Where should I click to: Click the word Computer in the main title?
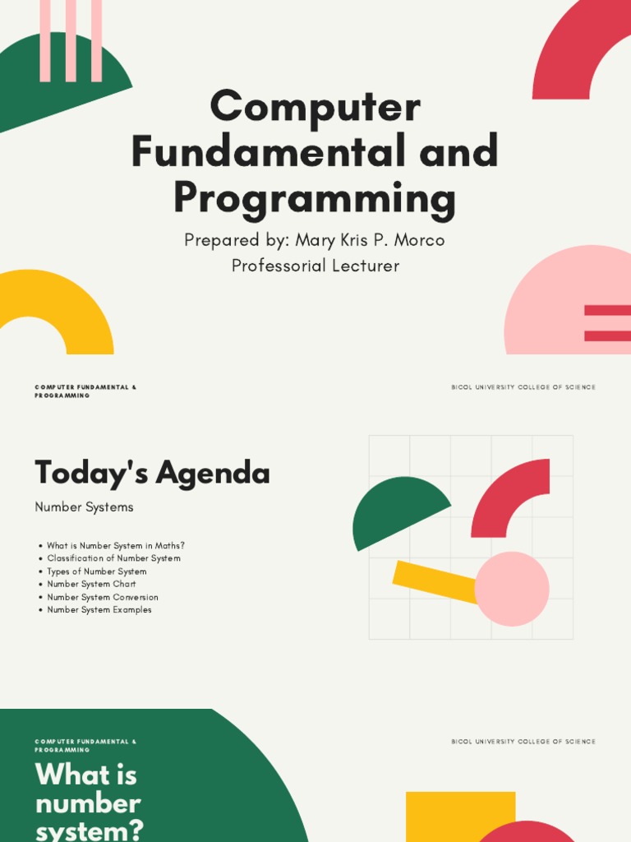(315, 108)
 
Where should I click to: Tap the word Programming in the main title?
(315, 198)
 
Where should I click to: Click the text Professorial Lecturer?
(315, 266)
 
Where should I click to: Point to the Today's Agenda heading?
(152, 474)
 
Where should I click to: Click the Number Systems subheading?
(84, 507)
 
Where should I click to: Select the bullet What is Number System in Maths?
(116, 545)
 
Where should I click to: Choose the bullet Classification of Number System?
(113, 558)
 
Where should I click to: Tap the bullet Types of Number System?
(97, 571)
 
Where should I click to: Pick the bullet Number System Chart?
(91, 584)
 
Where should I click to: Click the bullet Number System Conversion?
(103, 597)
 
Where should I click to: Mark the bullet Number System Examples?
(99, 610)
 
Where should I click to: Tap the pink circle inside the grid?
(512, 589)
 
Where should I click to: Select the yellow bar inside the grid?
(431, 579)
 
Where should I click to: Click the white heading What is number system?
(88, 803)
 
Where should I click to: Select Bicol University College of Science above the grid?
(523, 387)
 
